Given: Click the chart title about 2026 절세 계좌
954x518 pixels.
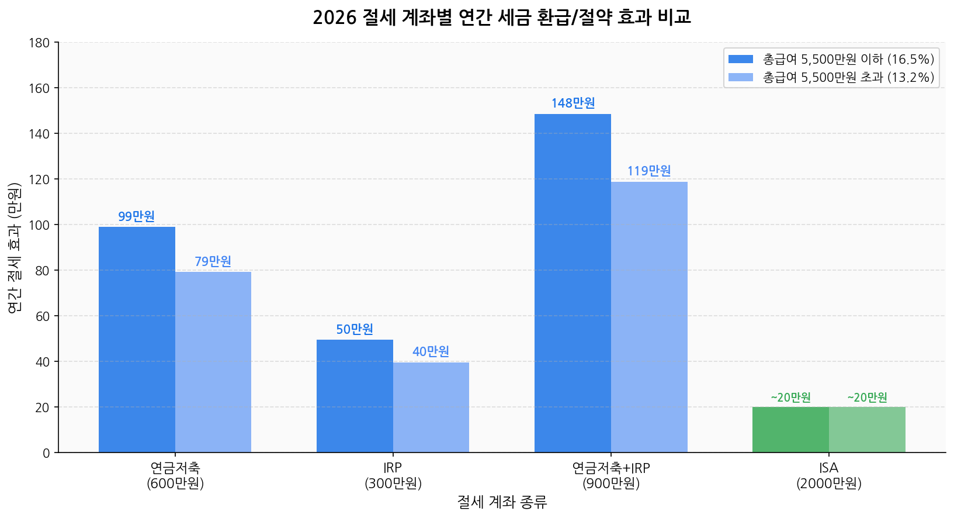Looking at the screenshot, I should (502, 18).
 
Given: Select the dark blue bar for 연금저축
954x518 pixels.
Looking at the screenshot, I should (137, 339).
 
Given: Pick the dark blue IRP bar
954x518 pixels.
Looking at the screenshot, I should (355, 396).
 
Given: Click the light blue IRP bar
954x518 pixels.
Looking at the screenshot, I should (431, 407).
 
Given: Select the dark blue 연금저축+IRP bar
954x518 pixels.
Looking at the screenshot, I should (573, 283).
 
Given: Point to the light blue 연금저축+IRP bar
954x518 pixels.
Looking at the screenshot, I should (649, 317).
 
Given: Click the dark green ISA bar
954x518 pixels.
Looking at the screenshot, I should (790, 430).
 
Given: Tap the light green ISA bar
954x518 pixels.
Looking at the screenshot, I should (867, 430).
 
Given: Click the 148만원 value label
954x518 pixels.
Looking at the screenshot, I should (573, 103).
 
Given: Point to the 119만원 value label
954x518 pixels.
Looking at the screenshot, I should (649, 171).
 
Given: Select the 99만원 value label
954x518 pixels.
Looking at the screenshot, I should (137, 216).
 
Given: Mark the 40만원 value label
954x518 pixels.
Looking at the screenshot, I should (431, 351).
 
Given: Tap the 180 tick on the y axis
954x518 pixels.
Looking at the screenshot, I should (43, 43).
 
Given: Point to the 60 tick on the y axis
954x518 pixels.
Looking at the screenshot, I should (43, 316).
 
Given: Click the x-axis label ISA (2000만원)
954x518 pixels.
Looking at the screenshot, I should (828, 475).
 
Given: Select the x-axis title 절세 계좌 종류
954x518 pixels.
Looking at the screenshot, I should (502, 502).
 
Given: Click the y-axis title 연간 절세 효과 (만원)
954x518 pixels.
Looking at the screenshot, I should (15, 247).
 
